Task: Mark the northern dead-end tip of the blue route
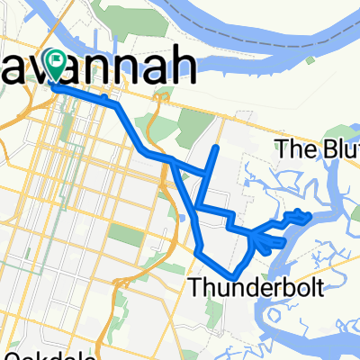click(216, 147)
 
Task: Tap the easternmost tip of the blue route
click(310, 216)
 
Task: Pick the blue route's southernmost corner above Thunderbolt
click(233, 274)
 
